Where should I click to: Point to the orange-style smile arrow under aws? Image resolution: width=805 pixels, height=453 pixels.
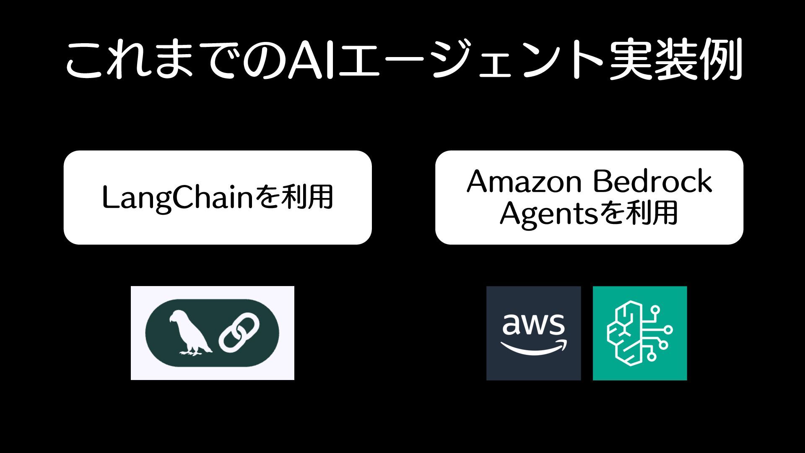pos(533,348)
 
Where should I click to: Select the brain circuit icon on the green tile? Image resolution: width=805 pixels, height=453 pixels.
pos(639,333)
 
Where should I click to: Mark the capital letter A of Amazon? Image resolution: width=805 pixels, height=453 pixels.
pos(478,181)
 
